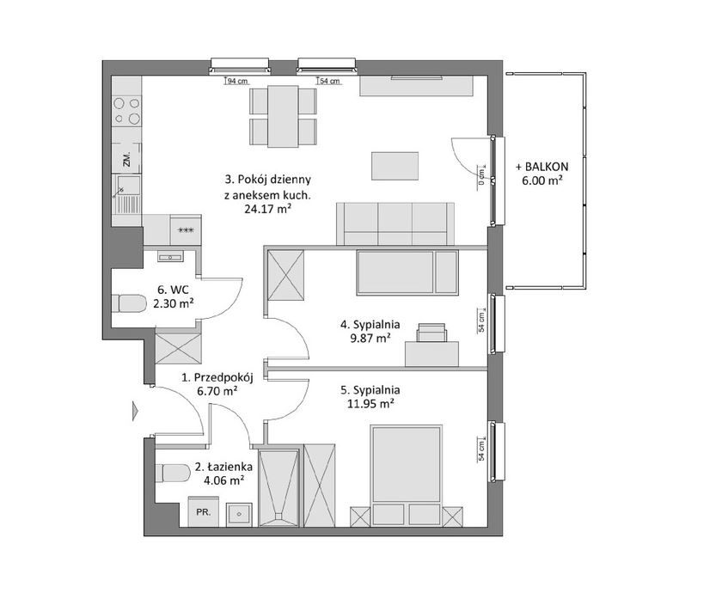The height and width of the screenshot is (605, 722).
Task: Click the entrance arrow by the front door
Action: tap(135, 411)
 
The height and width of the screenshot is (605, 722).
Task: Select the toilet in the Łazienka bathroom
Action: tap(173, 474)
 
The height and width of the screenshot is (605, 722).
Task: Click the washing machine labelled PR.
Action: tap(203, 511)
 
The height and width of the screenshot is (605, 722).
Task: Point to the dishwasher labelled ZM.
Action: tap(126, 158)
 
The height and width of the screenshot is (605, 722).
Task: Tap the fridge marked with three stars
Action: tap(186, 229)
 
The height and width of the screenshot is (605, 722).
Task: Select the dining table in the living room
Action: tap(283, 116)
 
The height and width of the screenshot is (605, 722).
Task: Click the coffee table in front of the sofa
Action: tap(395, 166)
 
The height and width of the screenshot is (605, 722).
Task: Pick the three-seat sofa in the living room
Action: tap(395, 223)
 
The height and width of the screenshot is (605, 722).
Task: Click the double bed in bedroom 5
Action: tap(407, 475)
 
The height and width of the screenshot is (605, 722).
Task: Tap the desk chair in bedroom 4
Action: tap(431, 333)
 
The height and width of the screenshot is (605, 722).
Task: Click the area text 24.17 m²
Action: tap(267, 210)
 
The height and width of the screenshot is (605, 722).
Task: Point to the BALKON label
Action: tap(542, 167)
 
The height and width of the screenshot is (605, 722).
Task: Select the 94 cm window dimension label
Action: tap(236, 81)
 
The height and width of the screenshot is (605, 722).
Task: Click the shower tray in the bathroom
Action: tap(278, 487)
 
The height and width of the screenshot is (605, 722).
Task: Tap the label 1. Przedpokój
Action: tap(217, 377)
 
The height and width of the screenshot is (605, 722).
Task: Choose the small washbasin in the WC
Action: tap(170, 256)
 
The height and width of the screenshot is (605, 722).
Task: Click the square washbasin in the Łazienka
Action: tap(239, 515)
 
